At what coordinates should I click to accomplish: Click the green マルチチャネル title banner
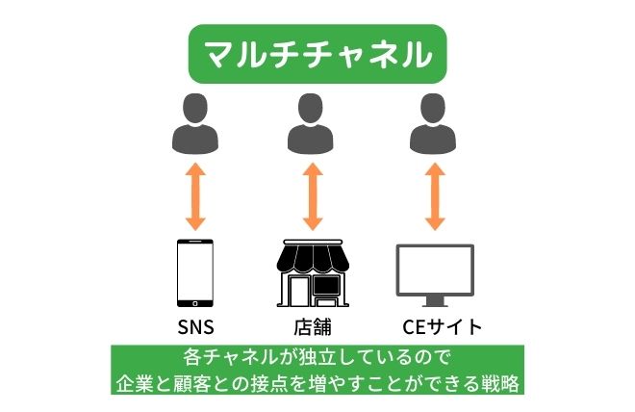(x=317, y=54)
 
